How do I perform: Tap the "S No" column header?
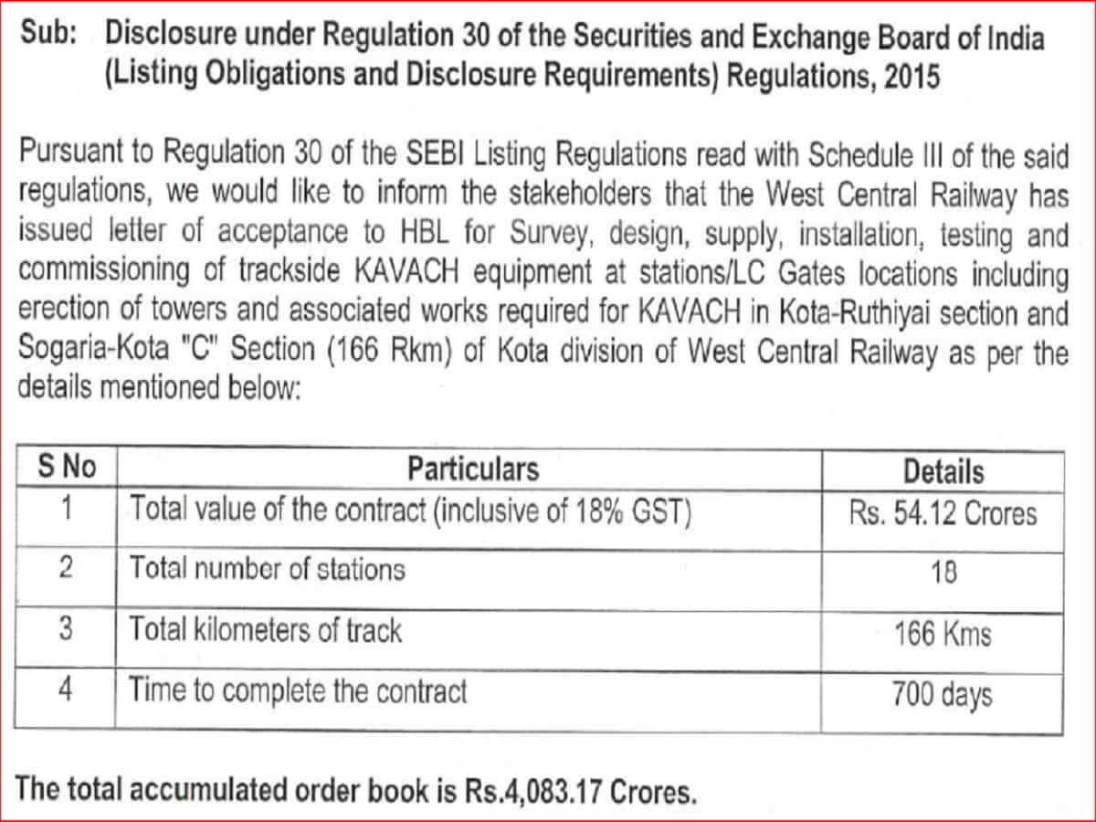(66, 468)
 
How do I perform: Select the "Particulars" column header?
(472, 469)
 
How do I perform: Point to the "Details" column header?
(943, 471)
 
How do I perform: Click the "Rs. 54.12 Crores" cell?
(943, 512)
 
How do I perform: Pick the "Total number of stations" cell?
(267, 570)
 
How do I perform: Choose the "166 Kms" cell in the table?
(943, 633)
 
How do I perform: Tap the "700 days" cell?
(943, 695)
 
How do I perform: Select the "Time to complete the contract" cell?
(298, 690)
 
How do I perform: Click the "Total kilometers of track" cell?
(265, 629)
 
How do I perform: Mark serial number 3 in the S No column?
(66, 629)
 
